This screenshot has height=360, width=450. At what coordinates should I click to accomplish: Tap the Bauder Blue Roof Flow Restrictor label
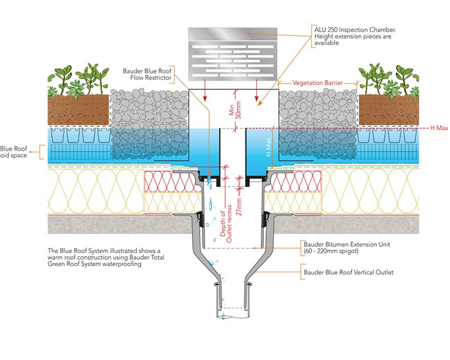(x=147, y=74)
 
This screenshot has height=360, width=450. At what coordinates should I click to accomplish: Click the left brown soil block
(x=78, y=110)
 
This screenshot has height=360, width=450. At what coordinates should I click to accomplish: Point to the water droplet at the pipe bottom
(x=223, y=316)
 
